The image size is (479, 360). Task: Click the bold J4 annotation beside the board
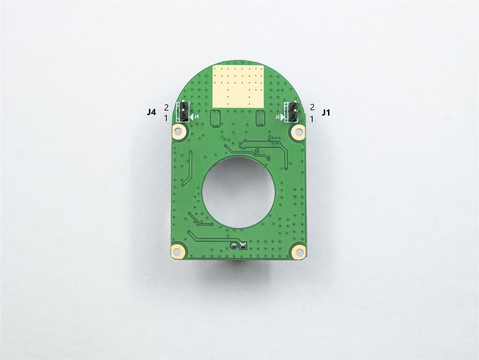tap(151, 113)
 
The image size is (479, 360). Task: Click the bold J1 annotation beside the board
tap(326, 113)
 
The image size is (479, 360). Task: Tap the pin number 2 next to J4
tap(166, 107)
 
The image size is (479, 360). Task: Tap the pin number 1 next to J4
tap(166, 118)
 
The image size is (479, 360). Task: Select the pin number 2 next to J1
tap(312, 107)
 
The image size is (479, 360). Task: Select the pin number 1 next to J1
tap(312, 119)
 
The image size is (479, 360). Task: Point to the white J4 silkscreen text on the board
tap(196, 117)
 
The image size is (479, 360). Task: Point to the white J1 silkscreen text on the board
tap(278, 117)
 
